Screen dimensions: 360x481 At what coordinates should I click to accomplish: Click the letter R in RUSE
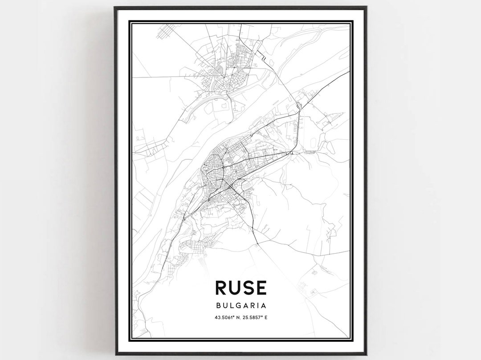pos(221,288)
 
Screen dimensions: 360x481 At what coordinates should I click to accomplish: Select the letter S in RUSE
pos(248,288)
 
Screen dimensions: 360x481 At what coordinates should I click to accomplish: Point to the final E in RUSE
pos(261,288)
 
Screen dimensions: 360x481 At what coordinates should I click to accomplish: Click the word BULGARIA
pos(241,306)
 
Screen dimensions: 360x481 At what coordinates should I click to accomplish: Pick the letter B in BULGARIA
pos(218,306)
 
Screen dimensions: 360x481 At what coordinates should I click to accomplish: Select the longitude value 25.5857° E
pos(256,317)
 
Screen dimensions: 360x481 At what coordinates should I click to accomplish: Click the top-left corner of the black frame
pos(115,7)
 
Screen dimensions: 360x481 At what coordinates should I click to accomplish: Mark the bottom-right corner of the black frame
pos(366,354)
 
